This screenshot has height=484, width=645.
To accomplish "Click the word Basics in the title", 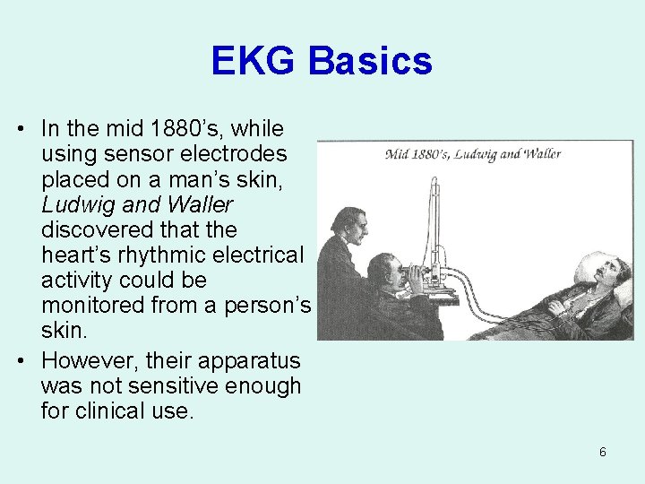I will click(x=371, y=62).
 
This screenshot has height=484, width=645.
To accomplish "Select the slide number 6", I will click(x=602, y=452).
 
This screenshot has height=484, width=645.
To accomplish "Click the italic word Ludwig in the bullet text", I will click(x=74, y=205).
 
